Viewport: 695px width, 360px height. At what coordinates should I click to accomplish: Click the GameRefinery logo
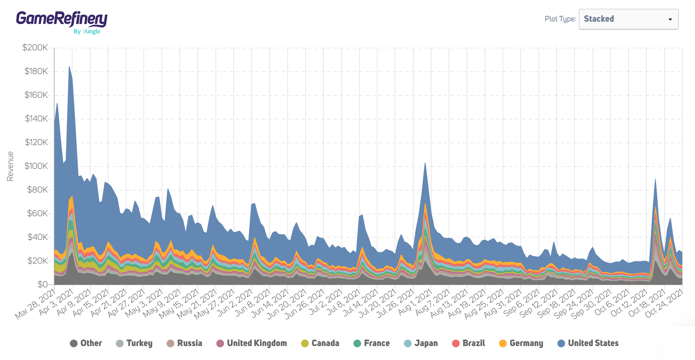61,19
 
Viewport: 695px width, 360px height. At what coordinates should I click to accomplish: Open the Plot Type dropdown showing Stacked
628,19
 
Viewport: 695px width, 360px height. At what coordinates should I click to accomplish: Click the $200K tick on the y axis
35,47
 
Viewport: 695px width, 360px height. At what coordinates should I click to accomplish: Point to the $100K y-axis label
36,166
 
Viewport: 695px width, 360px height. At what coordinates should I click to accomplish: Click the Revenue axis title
10,166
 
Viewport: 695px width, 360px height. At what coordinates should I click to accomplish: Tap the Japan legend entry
421,343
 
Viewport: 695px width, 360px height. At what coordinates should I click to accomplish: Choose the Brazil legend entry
468,343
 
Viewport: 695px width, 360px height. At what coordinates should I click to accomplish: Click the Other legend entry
86,343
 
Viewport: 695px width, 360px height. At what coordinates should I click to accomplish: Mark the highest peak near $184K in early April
69,67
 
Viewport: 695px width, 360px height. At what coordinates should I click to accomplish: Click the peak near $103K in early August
425,163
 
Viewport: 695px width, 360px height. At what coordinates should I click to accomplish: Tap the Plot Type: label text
560,19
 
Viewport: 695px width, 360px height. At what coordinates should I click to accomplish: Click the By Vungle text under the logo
87,32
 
